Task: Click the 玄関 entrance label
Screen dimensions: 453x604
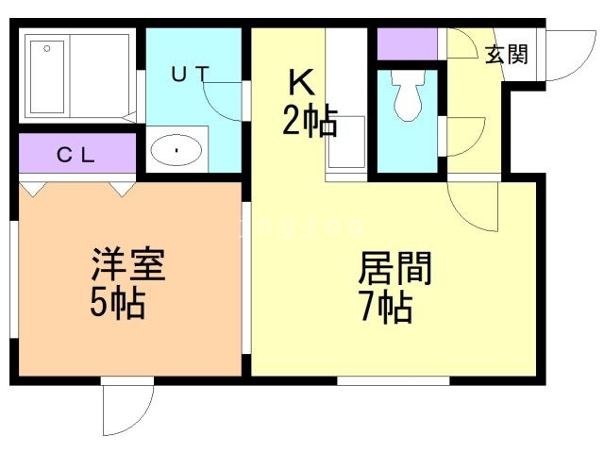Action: [507, 55]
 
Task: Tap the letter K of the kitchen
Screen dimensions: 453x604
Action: [299, 84]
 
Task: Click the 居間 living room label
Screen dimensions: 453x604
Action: [394, 270]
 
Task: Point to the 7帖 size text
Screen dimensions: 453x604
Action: [385, 308]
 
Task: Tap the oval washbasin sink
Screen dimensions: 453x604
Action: [176, 149]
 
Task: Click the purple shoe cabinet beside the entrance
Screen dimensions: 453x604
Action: [408, 43]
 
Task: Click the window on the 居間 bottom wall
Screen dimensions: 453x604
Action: [393, 380]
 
